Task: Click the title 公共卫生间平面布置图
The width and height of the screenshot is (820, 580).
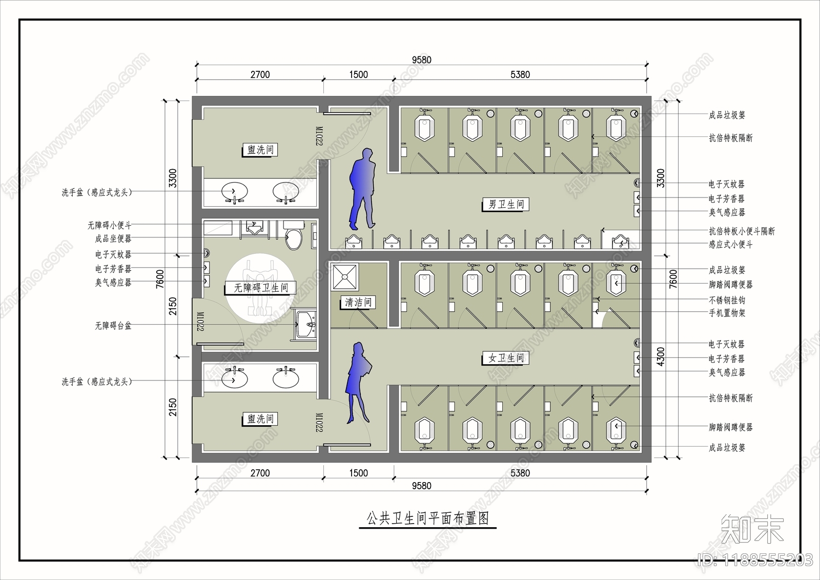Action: (427, 518)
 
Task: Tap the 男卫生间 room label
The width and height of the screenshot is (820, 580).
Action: (505, 205)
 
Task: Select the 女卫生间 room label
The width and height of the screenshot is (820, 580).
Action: (505, 358)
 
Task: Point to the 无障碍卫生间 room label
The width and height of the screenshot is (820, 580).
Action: (261, 288)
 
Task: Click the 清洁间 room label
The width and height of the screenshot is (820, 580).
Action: (358, 302)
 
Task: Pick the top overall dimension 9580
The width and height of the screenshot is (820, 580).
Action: (421, 59)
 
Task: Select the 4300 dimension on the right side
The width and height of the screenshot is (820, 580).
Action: (661, 357)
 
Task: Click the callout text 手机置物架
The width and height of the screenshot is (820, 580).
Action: (727, 313)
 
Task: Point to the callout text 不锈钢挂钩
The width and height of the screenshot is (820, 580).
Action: (727, 300)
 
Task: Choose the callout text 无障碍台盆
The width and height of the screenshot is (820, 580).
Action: (113, 325)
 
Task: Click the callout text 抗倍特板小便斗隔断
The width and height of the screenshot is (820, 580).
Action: (742, 231)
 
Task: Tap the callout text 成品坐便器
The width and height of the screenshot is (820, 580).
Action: (113, 239)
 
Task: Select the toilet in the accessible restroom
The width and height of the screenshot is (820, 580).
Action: (293, 234)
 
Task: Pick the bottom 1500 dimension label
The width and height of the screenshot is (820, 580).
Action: (358, 473)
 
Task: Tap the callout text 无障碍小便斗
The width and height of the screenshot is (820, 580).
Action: (110, 225)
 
